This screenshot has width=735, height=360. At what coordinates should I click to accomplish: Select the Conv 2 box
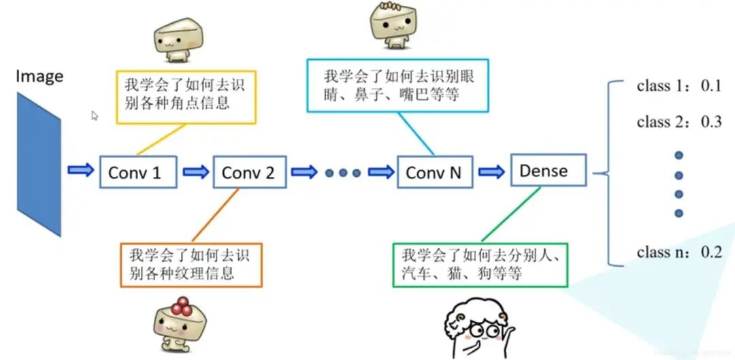click(x=248, y=173)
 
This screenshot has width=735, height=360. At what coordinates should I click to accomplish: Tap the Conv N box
click(x=434, y=173)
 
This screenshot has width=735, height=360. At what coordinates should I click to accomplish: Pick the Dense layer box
click(x=548, y=170)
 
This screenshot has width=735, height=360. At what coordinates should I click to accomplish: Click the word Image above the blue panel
click(x=39, y=76)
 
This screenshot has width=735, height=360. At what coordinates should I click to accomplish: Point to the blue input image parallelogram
click(x=39, y=164)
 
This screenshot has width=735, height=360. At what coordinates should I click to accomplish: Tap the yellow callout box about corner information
click(x=186, y=95)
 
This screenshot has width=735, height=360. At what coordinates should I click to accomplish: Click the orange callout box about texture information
click(x=191, y=265)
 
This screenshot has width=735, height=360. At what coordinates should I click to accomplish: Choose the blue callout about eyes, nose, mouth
click(x=397, y=85)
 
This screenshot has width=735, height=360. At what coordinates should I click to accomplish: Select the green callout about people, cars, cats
click(x=479, y=265)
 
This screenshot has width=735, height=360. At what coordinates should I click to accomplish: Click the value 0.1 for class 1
click(x=710, y=86)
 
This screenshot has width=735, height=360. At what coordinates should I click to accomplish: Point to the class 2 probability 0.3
click(x=710, y=122)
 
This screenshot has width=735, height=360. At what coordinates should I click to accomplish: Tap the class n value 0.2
click(x=710, y=252)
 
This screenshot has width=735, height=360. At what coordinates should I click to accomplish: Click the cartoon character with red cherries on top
click(x=180, y=323)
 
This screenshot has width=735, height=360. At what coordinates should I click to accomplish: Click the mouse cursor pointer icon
click(x=95, y=116)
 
